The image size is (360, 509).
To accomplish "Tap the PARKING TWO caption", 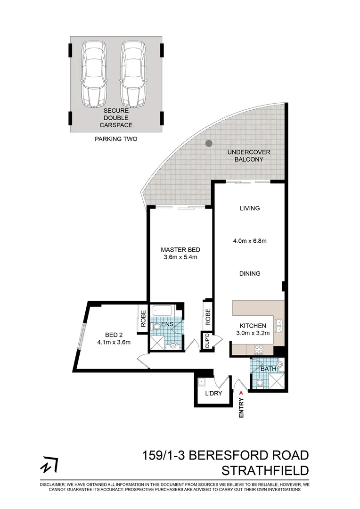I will click(116, 140).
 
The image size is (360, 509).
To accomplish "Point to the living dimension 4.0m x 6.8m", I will click(250, 241).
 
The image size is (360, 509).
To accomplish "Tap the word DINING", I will click(250, 273).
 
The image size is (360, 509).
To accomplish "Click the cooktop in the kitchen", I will click(259, 350).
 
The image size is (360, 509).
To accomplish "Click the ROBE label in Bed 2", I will click(142, 318).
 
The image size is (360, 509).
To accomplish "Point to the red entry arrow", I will click(242, 391).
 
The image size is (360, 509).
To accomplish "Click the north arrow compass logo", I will click(48, 466).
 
